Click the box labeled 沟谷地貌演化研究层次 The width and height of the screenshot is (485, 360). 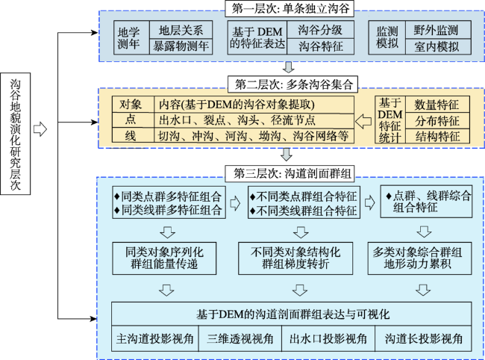pyautogui.click(x=16, y=134)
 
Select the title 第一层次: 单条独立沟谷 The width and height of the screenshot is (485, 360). pyautogui.click(x=290, y=9)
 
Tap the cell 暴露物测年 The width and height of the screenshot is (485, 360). pyautogui.click(x=181, y=47)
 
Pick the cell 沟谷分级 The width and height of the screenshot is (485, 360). pyautogui.click(x=320, y=30)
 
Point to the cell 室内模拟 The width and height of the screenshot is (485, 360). pyautogui.click(x=438, y=47)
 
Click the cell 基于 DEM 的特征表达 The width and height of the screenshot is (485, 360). pyautogui.click(x=257, y=38)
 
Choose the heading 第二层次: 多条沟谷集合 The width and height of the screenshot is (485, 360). pyautogui.click(x=292, y=84)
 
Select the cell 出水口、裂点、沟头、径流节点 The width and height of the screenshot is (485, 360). pyautogui.click(x=254, y=120)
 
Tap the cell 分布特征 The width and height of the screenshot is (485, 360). pyautogui.click(x=437, y=121)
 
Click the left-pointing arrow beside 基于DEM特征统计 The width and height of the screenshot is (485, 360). pyautogui.click(x=363, y=121)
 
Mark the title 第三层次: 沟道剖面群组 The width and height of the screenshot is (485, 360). pyautogui.click(x=289, y=173)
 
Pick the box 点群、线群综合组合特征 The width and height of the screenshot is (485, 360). pyautogui.click(x=426, y=202)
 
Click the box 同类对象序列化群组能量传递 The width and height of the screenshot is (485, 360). pyautogui.click(x=164, y=258)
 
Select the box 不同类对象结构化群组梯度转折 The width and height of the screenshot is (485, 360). pyautogui.click(x=295, y=258)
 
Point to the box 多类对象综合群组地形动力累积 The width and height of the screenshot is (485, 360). pyautogui.click(x=420, y=258)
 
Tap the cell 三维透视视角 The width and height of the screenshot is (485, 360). pyautogui.click(x=240, y=338)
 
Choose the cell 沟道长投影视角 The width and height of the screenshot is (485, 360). pyautogui.click(x=423, y=338)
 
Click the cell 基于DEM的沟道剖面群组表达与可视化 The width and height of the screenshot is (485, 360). pyautogui.click(x=292, y=314)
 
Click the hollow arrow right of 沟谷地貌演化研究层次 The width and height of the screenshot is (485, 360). pyautogui.click(x=40, y=129)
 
